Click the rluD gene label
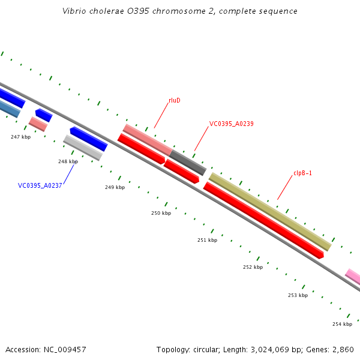pyautogui.click(x=175, y=100)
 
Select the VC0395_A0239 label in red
pyautogui.click(x=231, y=124)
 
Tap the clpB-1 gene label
pyautogui.click(x=302, y=173)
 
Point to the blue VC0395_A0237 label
pyautogui.click(x=40, y=185)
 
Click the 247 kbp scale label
pyautogui.click(x=20, y=137)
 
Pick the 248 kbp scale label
pyautogui.click(x=68, y=161)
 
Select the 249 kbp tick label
pyautogui.click(x=115, y=187)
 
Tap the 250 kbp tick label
pyautogui.click(x=161, y=213)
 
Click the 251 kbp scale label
pyautogui.click(x=207, y=240)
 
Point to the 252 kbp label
pyautogui.click(x=253, y=267)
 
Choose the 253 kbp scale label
pyautogui.click(x=298, y=295)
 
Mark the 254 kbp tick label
pyautogui.click(x=342, y=324)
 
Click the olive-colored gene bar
pyautogui.click(x=270, y=211)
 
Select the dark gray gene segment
pyautogui.click(x=188, y=163)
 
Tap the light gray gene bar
pyautogui.click(x=83, y=147)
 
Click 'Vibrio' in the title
pyautogui.click(x=74, y=11)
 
